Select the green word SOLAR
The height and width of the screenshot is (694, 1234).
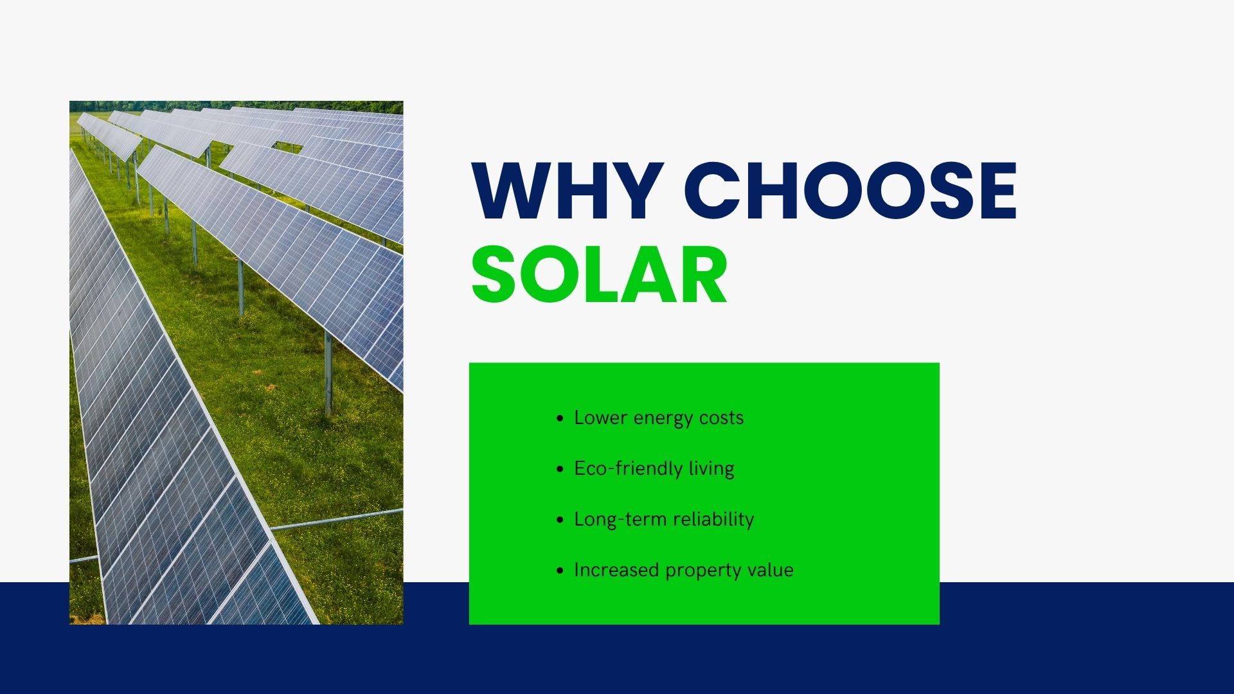click(599, 275)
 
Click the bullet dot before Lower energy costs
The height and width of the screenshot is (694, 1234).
click(560, 418)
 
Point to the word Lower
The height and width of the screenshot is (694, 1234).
click(600, 418)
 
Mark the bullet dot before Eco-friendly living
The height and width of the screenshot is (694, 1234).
click(560, 469)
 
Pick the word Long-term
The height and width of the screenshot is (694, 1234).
click(619, 519)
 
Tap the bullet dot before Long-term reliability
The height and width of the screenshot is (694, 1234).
click(560, 520)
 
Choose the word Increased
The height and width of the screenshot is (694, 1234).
click(616, 570)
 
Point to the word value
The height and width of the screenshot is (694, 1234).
click(770, 570)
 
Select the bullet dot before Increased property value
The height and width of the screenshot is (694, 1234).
click(560, 571)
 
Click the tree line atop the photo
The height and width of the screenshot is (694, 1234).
click(236, 106)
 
